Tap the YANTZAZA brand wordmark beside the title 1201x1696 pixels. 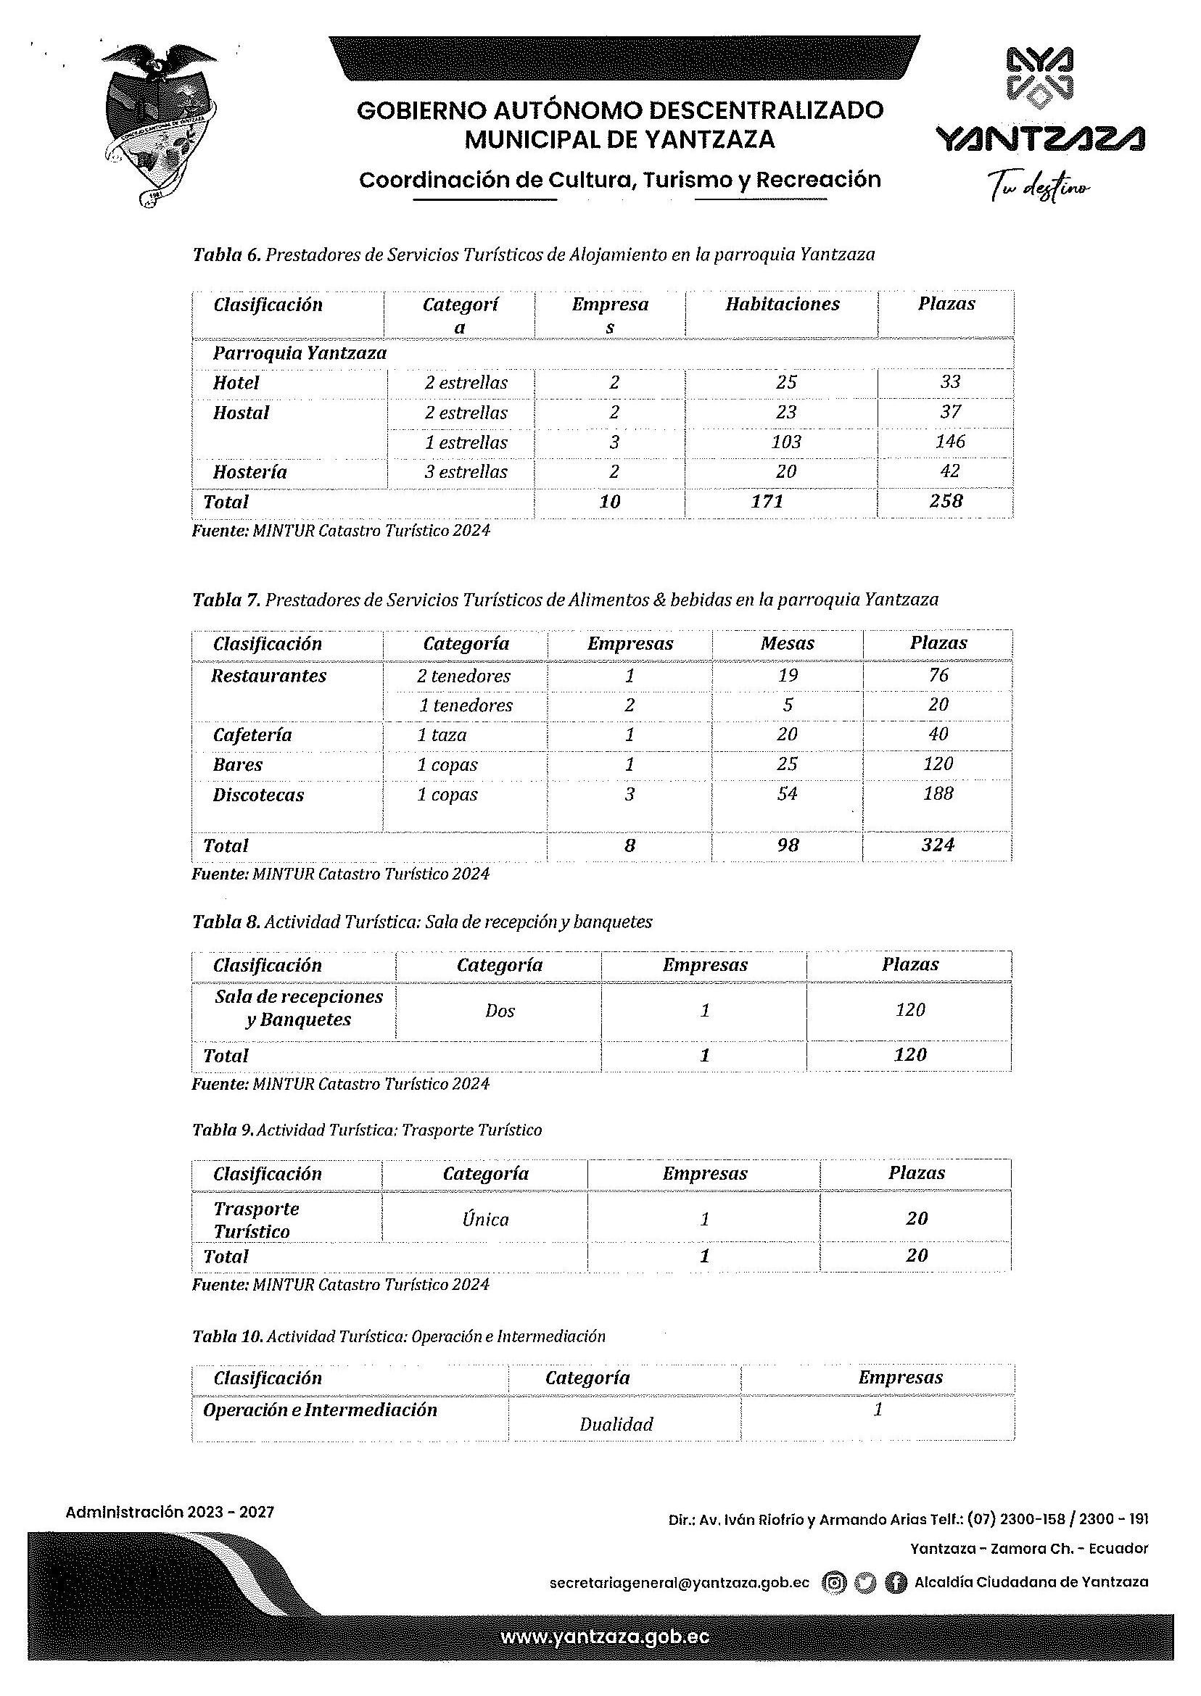[1040, 138]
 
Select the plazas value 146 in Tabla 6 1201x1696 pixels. [949, 442]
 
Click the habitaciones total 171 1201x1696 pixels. [766, 501]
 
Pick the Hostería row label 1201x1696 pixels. [250, 472]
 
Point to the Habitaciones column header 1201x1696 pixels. [782, 304]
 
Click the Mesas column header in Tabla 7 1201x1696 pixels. [787, 643]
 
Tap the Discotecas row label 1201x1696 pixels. [258, 795]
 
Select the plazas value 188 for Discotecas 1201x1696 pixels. [938, 793]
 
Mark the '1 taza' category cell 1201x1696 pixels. [442, 735]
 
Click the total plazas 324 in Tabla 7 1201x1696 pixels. [937, 844]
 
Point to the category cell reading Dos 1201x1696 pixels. [500, 1010]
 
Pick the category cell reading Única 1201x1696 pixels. [485, 1219]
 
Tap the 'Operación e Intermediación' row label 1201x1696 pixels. [320, 1410]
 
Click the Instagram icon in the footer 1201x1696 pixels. [835, 1582]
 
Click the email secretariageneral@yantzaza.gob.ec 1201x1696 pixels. [679, 1583]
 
